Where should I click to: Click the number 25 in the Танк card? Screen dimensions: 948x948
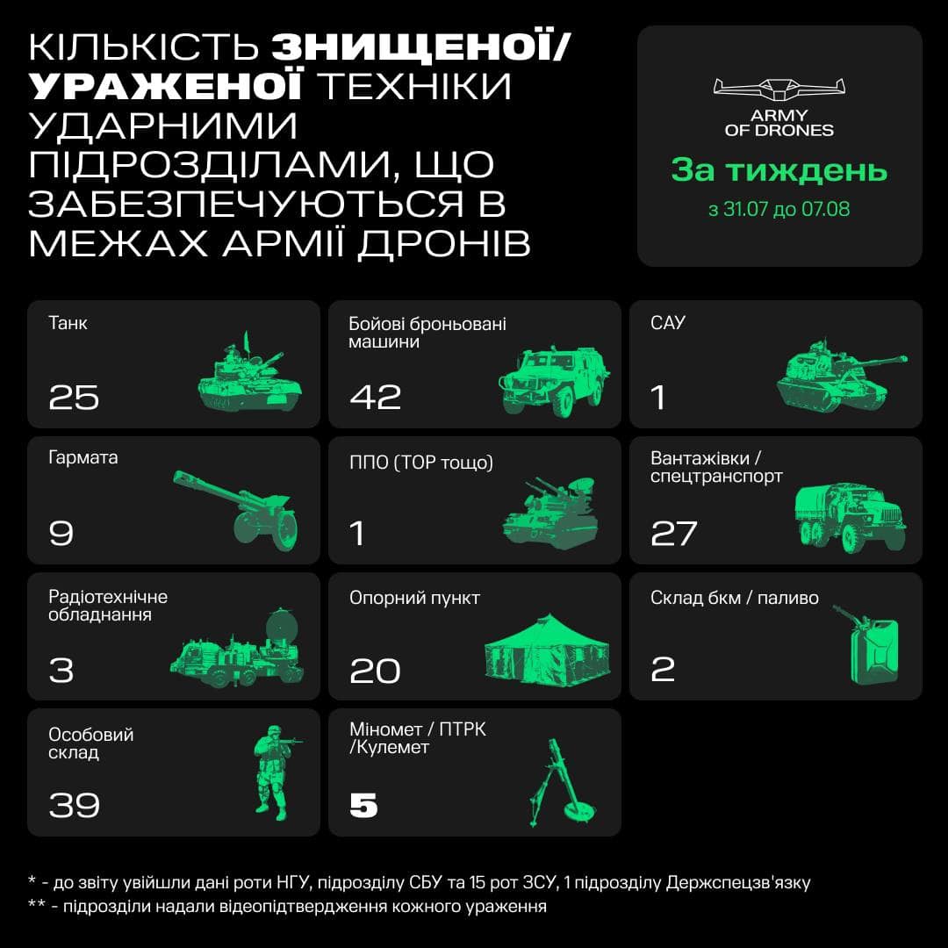click(x=74, y=398)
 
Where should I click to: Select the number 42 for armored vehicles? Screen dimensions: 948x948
click(x=375, y=398)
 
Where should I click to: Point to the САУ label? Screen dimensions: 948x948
click(x=668, y=323)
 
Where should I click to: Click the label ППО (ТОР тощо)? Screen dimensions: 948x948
click(x=421, y=462)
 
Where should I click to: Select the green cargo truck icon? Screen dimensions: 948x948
click(x=848, y=517)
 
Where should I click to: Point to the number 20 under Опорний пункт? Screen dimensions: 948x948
click(x=375, y=671)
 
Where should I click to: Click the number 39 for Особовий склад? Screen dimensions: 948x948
click(x=74, y=805)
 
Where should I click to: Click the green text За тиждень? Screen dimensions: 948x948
click(x=779, y=170)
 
